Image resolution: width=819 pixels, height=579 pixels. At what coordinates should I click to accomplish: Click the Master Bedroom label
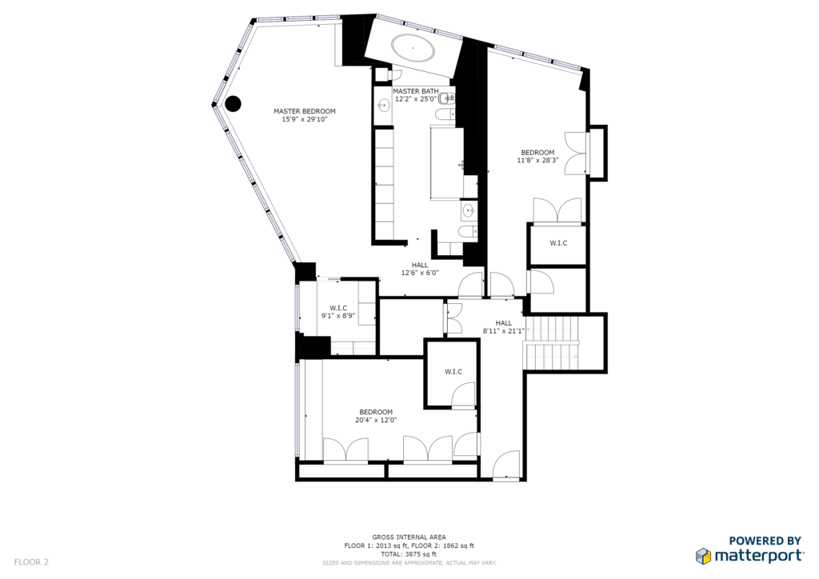click(305, 115)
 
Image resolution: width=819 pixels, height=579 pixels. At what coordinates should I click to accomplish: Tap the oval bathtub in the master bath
click(413, 48)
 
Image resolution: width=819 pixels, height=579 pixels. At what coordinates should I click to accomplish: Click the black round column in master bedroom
click(233, 103)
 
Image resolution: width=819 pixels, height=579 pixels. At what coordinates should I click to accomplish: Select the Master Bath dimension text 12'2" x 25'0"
click(415, 98)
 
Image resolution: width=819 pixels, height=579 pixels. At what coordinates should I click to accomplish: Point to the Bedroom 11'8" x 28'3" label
click(537, 157)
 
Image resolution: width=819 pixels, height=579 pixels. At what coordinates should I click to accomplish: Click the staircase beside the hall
click(553, 343)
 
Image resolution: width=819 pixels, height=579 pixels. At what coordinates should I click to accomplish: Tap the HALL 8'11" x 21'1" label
click(504, 327)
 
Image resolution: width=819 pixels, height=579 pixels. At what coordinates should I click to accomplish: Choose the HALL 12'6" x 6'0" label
click(419, 269)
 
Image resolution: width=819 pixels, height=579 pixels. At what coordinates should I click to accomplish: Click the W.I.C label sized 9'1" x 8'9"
click(338, 312)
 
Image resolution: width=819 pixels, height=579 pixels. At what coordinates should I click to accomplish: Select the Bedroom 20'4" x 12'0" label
click(376, 416)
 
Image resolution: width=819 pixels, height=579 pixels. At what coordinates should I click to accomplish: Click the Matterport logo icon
click(703, 556)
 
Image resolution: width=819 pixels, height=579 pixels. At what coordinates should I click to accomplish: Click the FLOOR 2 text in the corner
click(31, 562)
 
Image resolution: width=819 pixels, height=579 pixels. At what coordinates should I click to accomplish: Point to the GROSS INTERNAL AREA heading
click(409, 537)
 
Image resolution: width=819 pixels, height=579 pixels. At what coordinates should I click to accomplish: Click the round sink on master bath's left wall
click(384, 106)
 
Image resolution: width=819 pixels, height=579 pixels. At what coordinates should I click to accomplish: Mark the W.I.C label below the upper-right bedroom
click(558, 243)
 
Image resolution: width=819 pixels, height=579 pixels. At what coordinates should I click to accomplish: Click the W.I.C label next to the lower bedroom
click(453, 372)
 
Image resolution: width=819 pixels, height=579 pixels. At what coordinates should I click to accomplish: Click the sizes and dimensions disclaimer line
click(409, 563)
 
